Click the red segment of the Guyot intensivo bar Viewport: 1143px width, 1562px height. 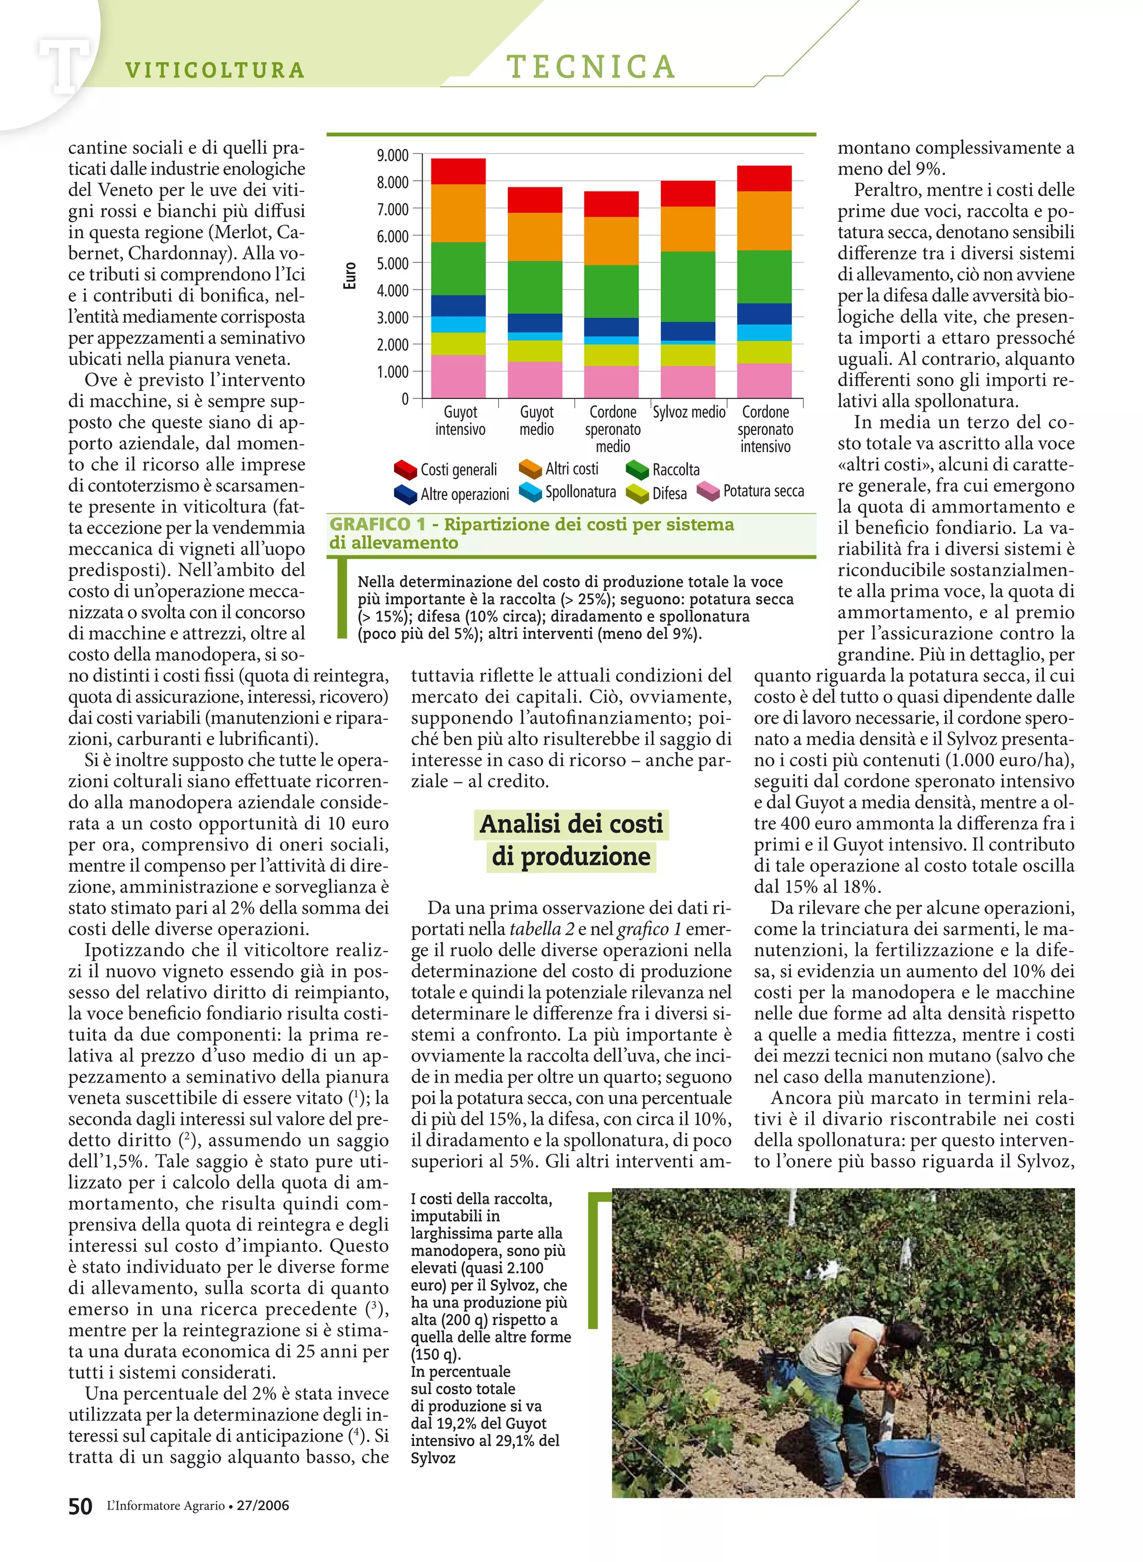(x=458, y=171)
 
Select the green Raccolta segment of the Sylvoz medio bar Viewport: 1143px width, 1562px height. (x=687, y=286)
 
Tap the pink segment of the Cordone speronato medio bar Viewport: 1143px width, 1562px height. (x=611, y=381)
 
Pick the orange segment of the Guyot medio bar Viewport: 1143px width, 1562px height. (x=535, y=237)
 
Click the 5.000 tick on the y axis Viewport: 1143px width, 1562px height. (x=392, y=263)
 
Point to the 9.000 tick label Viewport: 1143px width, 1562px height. (x=392, y=155)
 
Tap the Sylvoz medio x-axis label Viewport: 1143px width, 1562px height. (x=689, y=412)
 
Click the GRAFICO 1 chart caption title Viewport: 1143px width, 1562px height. (x=531, y=532)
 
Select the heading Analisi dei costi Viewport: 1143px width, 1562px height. (x=571, y=824)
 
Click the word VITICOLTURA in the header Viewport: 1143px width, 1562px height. (x=214, y=70)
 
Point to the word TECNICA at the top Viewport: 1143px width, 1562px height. (x=591, y=67)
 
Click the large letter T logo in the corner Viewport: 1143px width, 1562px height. (x=64, y=66)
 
